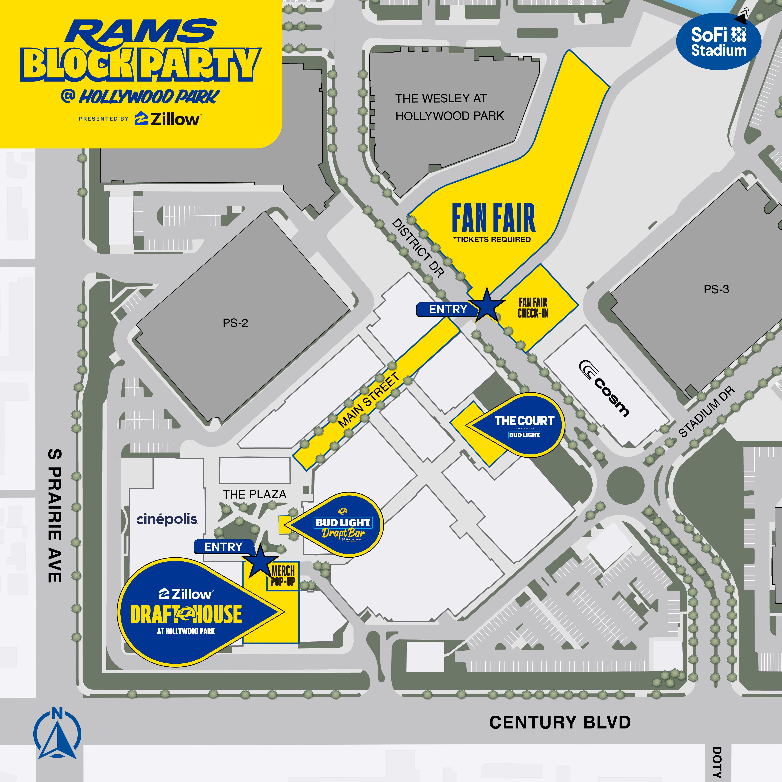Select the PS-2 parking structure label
[x=235, y=323]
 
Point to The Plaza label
[x=254, y=494]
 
